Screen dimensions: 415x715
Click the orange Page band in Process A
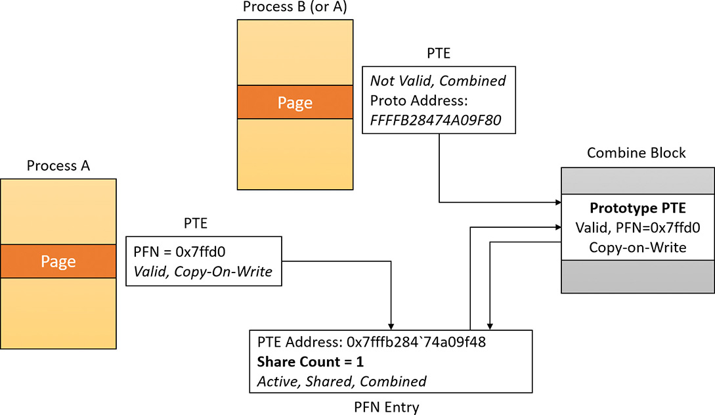tap(58, 261)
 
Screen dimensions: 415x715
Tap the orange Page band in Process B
tap(295, 102)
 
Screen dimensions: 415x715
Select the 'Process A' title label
tap(58, 166)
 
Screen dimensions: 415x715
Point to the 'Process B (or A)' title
tap(295, 7)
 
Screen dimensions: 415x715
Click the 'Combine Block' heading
tap(638, 153)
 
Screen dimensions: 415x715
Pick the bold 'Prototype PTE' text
tap(638, 209)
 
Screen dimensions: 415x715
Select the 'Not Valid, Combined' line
tap(438, 81)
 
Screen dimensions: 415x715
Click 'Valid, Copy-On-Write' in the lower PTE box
tap(202, 271)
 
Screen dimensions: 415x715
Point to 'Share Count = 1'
tap(311, 362)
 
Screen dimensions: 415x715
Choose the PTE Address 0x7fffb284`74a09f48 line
tap(371, 343)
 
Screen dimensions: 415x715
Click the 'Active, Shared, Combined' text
tap(342, 381)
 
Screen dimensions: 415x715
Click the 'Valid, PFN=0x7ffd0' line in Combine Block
tap(638, 229)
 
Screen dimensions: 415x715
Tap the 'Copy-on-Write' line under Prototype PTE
tap(638, 248)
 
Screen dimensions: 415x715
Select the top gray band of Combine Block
tap(638, 181)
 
